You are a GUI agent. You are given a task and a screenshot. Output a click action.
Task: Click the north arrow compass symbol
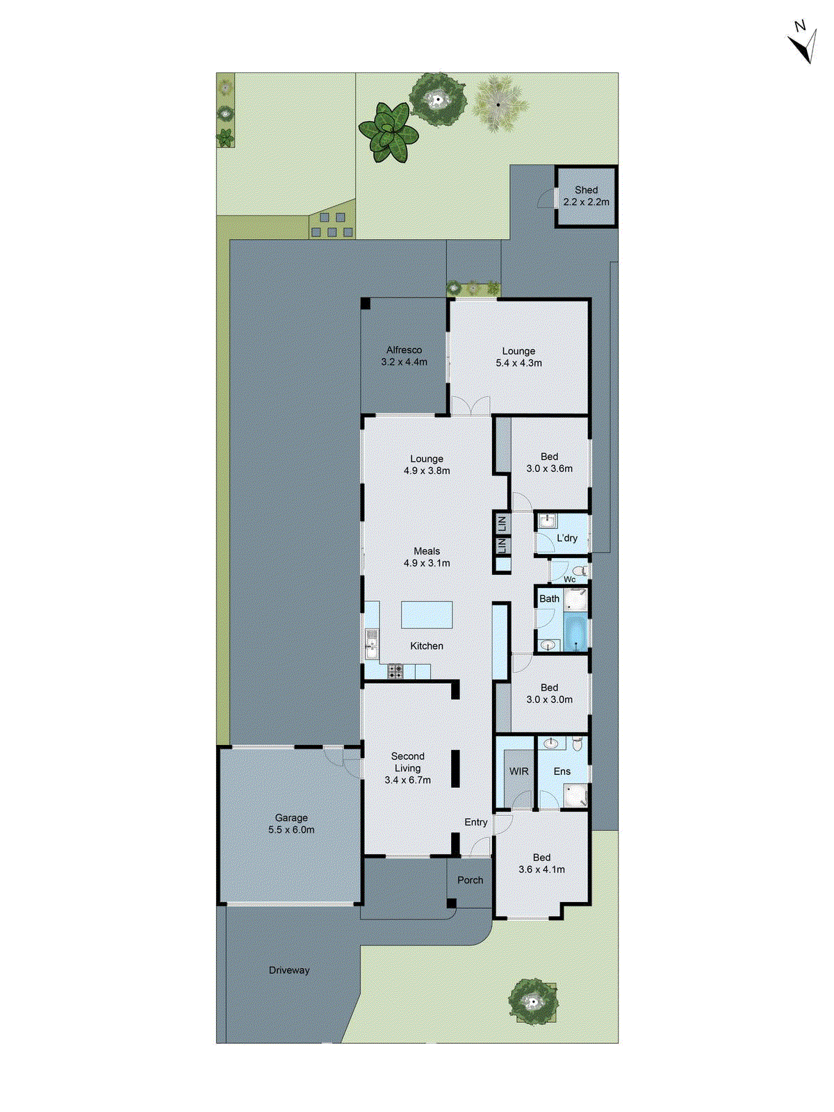803,43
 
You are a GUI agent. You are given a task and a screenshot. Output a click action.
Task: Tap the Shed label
586,190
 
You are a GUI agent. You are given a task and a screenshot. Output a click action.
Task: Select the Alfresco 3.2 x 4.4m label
404,356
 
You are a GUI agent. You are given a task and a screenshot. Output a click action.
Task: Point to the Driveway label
289,970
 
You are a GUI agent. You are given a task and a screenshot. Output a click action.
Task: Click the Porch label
470,880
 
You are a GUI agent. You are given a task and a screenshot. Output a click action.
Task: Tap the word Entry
476,822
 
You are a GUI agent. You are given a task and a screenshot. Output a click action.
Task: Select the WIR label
518,771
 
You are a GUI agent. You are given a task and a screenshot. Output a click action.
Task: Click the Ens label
562,771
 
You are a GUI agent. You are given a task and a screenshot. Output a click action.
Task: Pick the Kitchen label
427,646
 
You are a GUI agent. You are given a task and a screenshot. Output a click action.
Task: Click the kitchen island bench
427,615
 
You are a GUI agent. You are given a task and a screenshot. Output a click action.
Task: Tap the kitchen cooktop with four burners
395,672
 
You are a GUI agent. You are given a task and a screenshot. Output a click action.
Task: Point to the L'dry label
567,538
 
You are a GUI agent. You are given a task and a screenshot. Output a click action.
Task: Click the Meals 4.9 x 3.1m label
427,557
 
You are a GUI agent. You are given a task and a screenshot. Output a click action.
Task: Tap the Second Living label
408,762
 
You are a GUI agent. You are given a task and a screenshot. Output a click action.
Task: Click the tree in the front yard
533,1001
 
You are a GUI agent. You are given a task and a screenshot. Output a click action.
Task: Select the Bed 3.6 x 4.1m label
541,863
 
